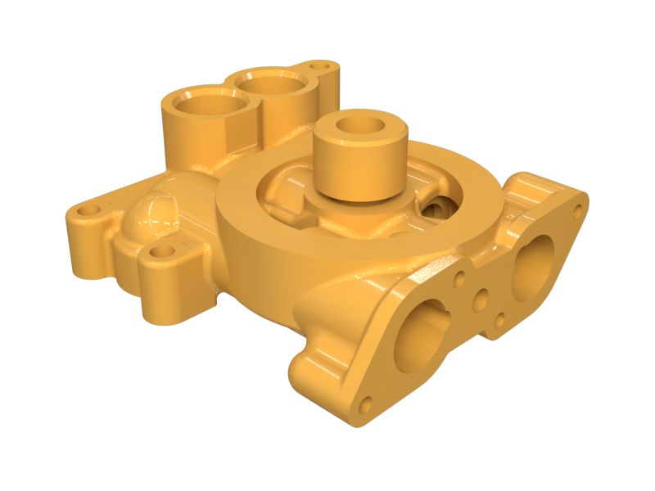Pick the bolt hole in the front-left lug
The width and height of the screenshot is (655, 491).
[164, 251]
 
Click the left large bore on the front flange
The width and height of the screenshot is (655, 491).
[421, 336]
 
